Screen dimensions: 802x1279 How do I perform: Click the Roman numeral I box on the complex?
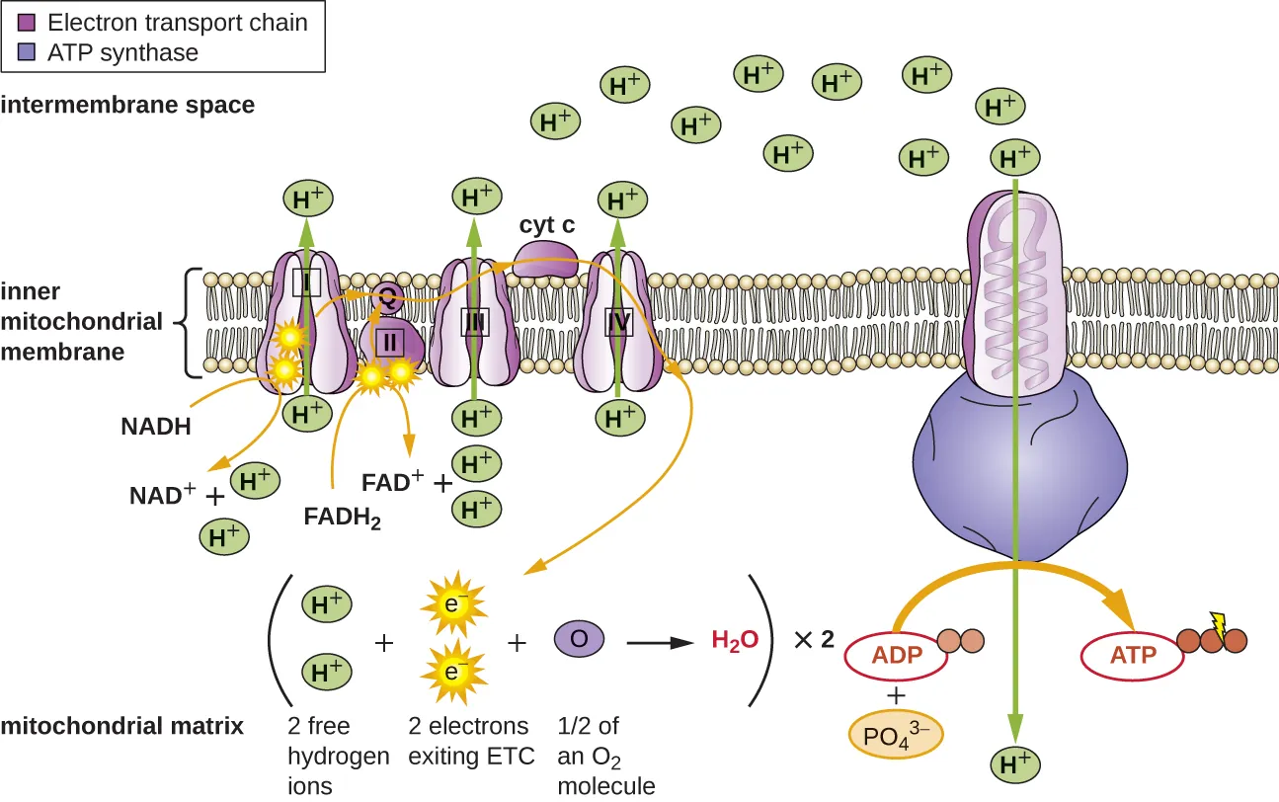(x=307, y=283)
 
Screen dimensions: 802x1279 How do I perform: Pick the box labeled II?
(x=389, y=342)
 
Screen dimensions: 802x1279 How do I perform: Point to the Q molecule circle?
(x=387, y=295)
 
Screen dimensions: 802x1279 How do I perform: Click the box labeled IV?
(x=618, y=321)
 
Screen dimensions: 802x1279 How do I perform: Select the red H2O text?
(x=735, y=640)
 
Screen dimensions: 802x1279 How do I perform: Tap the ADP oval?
(x=895, y=655)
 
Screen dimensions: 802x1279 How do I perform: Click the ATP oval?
(x=1133, y=655)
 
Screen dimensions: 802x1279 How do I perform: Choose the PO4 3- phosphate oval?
(x=896, y=735)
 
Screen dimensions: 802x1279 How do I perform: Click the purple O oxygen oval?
(x=580, y=639)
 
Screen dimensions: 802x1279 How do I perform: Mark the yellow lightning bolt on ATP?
(x=1218, y=623)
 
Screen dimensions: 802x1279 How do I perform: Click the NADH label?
(x=155, y=426)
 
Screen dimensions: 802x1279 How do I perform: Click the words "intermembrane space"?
(x=127, y=105)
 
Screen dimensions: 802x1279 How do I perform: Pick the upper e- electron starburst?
(x=450, y=603)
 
